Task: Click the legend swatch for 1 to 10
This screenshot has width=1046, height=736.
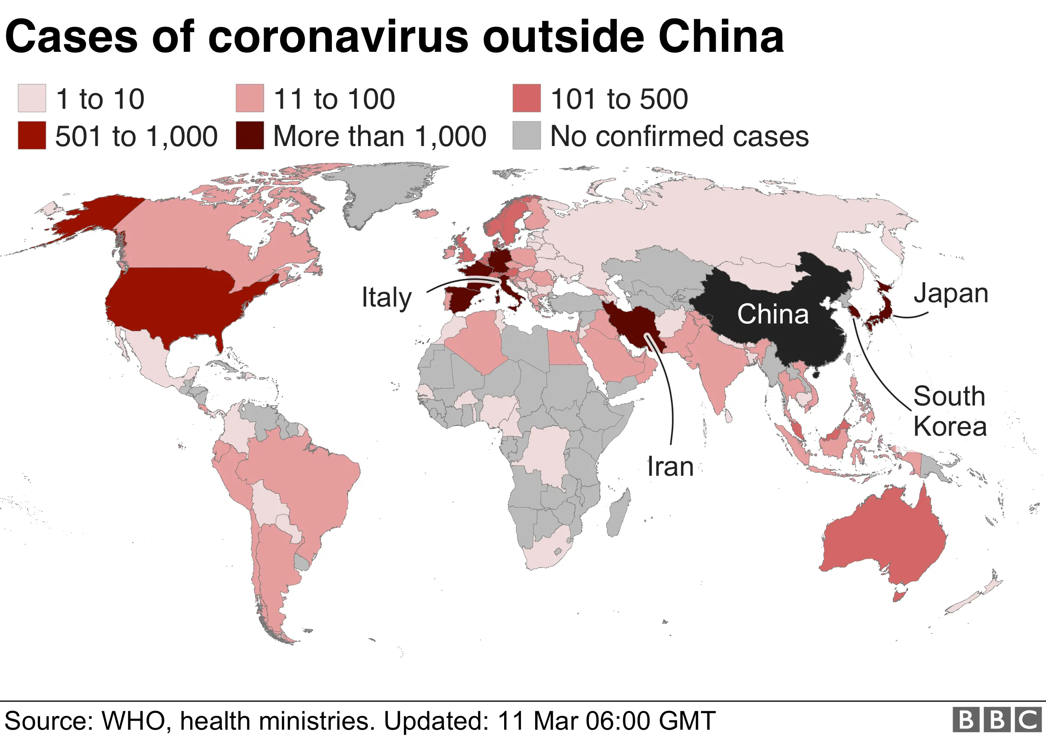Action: [x=32, y=98]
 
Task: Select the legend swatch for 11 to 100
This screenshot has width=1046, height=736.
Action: [x=250, y=98]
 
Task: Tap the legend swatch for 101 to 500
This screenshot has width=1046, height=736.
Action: [x=526, y=98]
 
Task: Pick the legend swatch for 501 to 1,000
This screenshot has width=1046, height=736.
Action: [x=32, y=135]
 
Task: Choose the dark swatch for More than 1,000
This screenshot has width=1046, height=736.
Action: [x=250, y=135]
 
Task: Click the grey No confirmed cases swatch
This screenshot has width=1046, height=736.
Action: [x=526, y=135]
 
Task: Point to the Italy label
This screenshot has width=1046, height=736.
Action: [x=386, y=298]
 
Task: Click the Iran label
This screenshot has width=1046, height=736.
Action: [x=670, y=467]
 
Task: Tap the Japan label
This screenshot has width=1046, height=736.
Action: [x=951, y=293]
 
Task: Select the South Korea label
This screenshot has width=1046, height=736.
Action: [x=949, y=411]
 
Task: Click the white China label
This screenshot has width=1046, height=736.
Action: [x=773, y=314]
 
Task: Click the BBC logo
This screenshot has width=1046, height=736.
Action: [x=997, y=720]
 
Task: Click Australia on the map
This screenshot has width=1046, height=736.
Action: [x=884, y=538]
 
